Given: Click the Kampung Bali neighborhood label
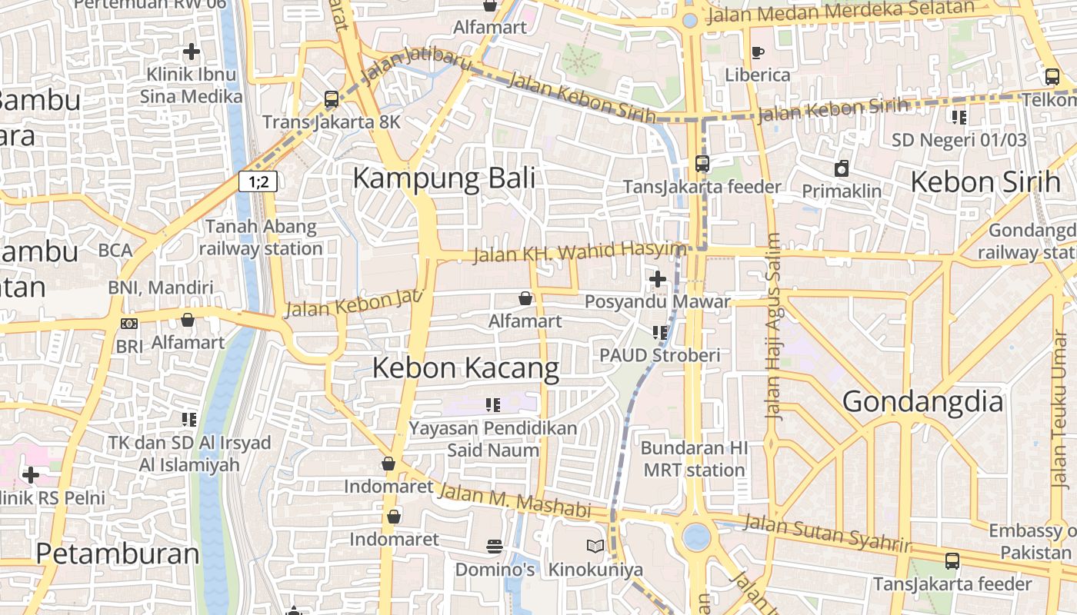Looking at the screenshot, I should point(443,178).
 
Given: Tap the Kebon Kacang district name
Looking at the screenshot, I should point(465,368).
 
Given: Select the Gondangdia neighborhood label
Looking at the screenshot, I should point(922,401).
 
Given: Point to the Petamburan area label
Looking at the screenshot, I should point(117,553).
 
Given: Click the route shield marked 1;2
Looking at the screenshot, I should point(257,182).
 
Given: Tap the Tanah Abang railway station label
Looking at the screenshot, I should point(261,238).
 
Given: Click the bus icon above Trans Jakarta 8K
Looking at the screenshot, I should point(332,99).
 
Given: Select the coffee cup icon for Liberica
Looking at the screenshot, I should point(758,52).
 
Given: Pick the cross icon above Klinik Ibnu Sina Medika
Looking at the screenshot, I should point(192,52).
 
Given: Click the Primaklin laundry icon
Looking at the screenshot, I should point(842,168).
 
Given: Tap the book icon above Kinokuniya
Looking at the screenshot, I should point(595,547).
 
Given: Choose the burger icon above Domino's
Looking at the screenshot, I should point(495,547).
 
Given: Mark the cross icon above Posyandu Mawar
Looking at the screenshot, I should point(658,278).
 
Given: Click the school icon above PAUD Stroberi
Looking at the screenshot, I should point(659,332).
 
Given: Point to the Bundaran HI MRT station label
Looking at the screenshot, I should point(694,459).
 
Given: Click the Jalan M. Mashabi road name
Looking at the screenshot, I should point(513,500).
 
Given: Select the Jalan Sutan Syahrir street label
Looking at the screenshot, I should point(827,534).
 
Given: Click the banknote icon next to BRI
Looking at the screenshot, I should point(129,324).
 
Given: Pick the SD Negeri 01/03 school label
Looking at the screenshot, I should point(959,140).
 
